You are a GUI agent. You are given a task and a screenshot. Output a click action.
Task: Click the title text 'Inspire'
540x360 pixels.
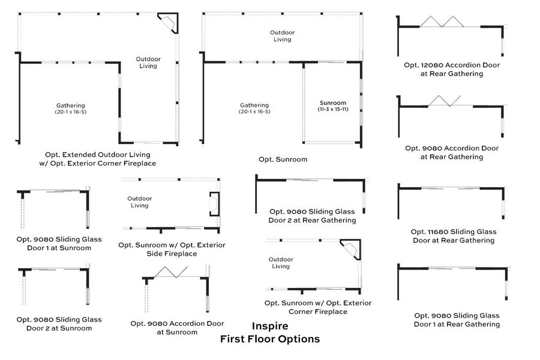click(x=269, y=326)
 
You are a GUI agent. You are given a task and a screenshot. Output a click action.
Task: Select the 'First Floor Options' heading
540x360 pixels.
click(x=269, y=339)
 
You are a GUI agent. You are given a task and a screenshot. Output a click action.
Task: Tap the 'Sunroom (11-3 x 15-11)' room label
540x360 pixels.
click(x=332, y=106)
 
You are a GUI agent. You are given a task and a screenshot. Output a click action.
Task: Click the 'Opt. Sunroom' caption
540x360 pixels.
click(x=283, y=160)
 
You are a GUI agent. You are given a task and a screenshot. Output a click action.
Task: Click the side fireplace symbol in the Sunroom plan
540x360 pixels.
click(x=214, y=203)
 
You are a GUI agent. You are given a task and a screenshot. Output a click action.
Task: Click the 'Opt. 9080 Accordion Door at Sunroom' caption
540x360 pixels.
click(x=177, y=328)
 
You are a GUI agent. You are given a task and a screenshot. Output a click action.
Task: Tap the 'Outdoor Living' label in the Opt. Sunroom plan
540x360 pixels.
click(x=282, y=36)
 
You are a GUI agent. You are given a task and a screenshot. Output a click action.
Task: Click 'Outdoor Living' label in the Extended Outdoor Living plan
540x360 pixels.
click(x=148, y=62)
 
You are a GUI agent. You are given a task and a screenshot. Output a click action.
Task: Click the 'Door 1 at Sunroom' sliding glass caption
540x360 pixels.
click(x=59, y=243)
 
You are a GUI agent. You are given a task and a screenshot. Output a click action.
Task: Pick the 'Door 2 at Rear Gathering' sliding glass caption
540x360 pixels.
click(x=312, y=215)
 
